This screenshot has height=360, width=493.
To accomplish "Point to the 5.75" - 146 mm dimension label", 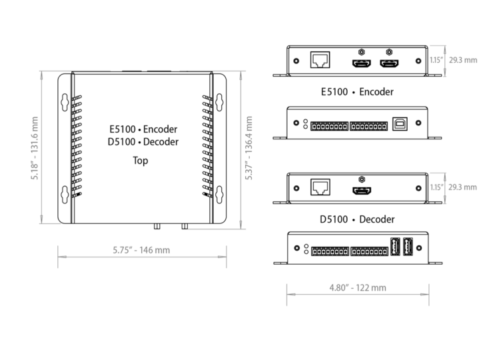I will (141, 251).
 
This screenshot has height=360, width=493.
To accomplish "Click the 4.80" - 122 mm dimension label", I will (357, 288).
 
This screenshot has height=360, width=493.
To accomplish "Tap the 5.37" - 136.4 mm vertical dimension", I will (250, 148).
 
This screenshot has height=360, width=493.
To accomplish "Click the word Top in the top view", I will (140, 161).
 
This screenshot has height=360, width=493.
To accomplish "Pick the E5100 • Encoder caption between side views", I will (356, 92).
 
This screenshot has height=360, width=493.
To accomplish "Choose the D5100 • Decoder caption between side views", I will (357, 219).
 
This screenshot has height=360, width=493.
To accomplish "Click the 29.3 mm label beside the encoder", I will (462, 60).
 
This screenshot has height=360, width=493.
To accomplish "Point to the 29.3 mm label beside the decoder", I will (462, 187).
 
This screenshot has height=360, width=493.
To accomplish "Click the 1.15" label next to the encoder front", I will (436, 60).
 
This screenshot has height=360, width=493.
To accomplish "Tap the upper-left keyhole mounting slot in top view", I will (65, 101).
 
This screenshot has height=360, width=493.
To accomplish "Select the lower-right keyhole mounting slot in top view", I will (219, 194).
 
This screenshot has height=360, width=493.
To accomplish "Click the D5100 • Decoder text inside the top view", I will (142, 141).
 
